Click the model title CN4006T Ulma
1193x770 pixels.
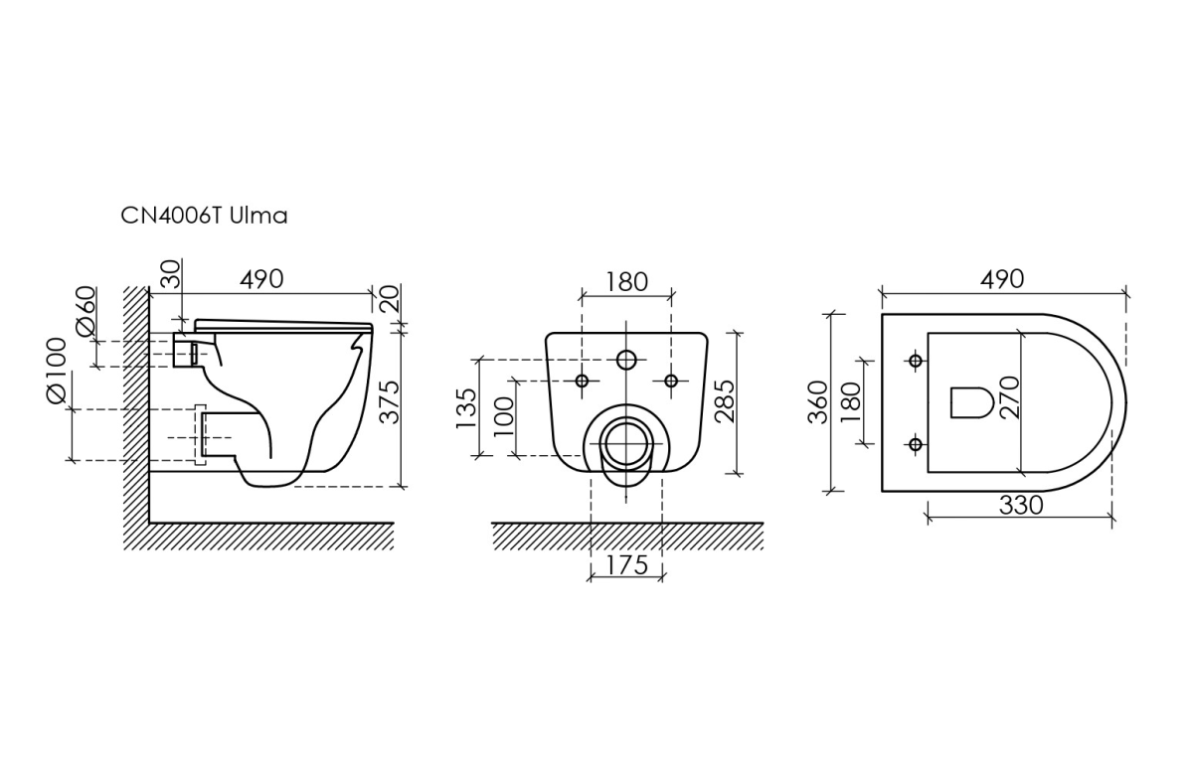[x=204, y=216]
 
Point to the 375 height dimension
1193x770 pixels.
[x=390, y=402]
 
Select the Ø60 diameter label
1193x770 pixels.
[x=86, y=311]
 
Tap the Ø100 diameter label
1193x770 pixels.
[x=57, y=371]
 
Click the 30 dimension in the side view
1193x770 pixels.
[x=171, y=274]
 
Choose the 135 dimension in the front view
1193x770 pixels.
[x=466, y=408]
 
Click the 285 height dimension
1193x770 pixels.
[x=725, y=401]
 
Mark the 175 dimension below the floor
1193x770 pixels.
[x=627, y=565]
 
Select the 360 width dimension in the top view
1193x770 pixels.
[x=818, y=402]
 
